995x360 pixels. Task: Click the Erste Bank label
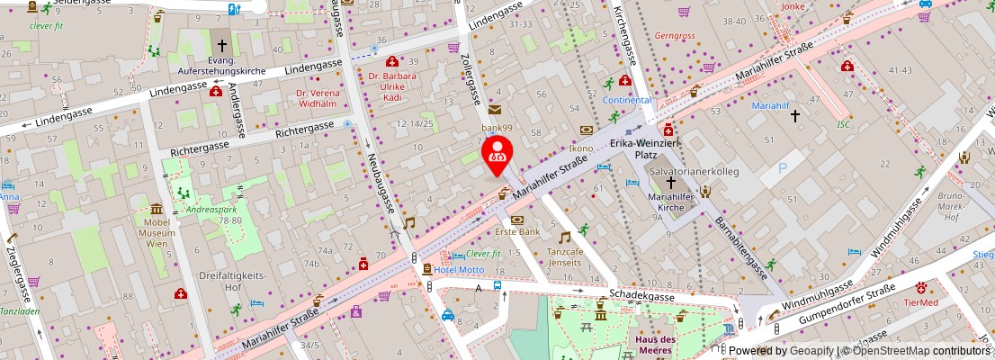tap(517, 231)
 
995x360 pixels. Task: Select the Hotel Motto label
tap(461, 269)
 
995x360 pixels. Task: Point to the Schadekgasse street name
tap(642, 294)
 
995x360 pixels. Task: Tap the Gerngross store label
tap(675, 36)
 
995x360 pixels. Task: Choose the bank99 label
tap(496, 128)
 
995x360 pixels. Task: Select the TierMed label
tap(922, 302)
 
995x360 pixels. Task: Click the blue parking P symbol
tap(781, 167)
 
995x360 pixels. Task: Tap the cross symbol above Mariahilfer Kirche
tap(670, 183)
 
